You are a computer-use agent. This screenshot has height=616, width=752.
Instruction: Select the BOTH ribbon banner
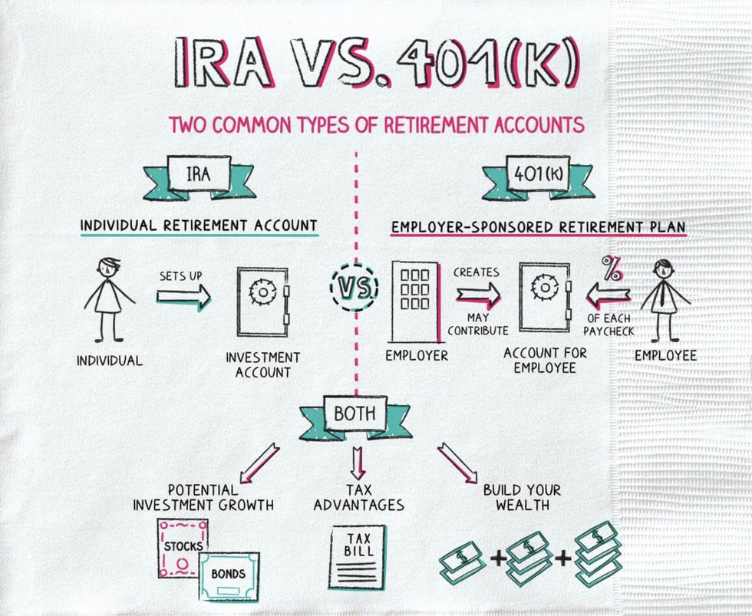click(355, 416)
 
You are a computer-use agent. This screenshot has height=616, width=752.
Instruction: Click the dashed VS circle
click(355, 288)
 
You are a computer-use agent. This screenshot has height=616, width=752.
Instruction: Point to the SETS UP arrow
click(183, 296)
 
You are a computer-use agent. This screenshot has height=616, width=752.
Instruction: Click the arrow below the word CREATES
click(477, 295)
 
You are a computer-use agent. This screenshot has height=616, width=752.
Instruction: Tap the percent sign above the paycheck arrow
click(612, 268)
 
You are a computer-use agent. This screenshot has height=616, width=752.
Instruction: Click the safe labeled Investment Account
click(262, 302)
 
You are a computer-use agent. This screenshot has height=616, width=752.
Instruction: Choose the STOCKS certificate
click(183, 547)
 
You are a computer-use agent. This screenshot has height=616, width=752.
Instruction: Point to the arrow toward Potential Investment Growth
click(259, 463)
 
